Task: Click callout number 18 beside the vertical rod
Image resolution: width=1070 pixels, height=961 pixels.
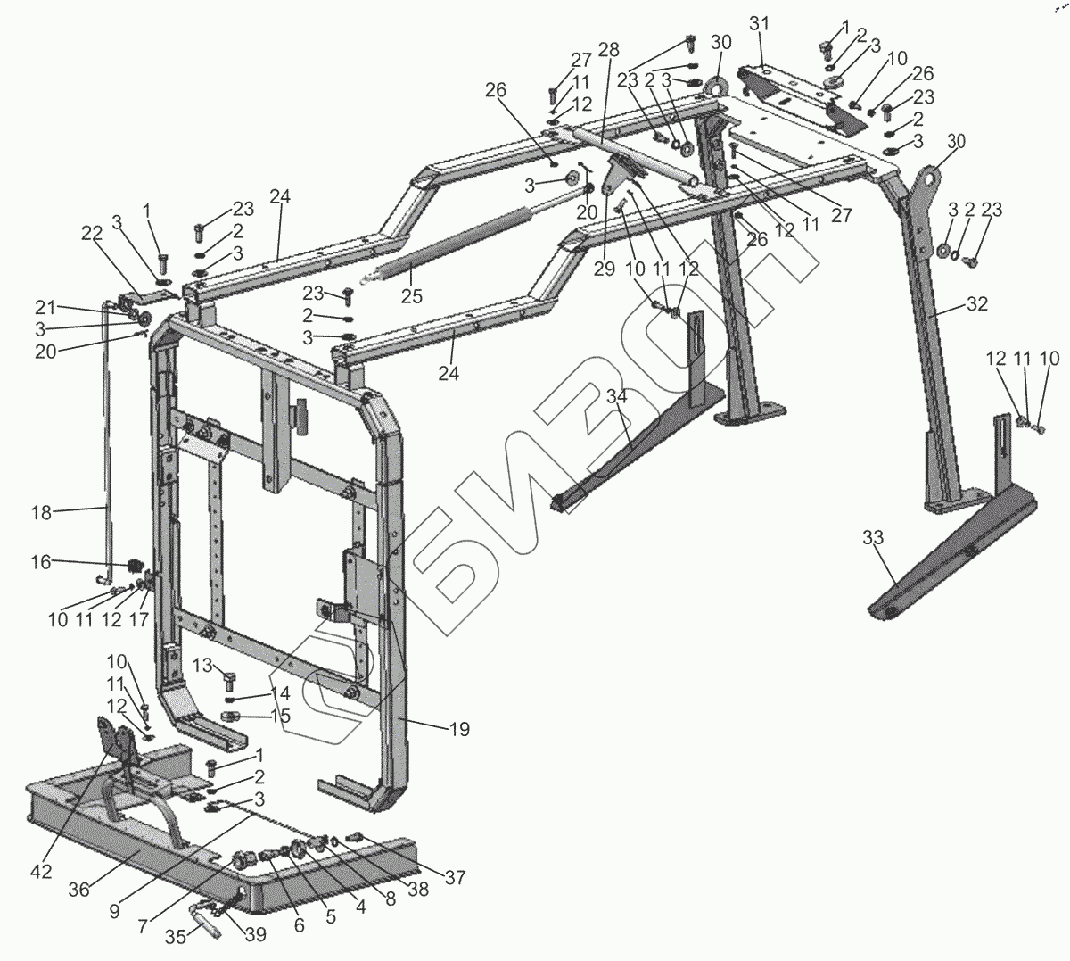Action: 40,512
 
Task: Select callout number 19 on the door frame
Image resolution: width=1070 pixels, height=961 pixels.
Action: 457,729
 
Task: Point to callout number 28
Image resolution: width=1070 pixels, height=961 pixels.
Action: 609,49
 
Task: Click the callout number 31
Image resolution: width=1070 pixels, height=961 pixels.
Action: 758,23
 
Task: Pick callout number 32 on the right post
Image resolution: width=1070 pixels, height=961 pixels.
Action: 977,303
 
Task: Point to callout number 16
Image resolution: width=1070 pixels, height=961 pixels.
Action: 41,562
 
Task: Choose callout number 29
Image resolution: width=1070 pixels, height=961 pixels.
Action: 605,269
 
